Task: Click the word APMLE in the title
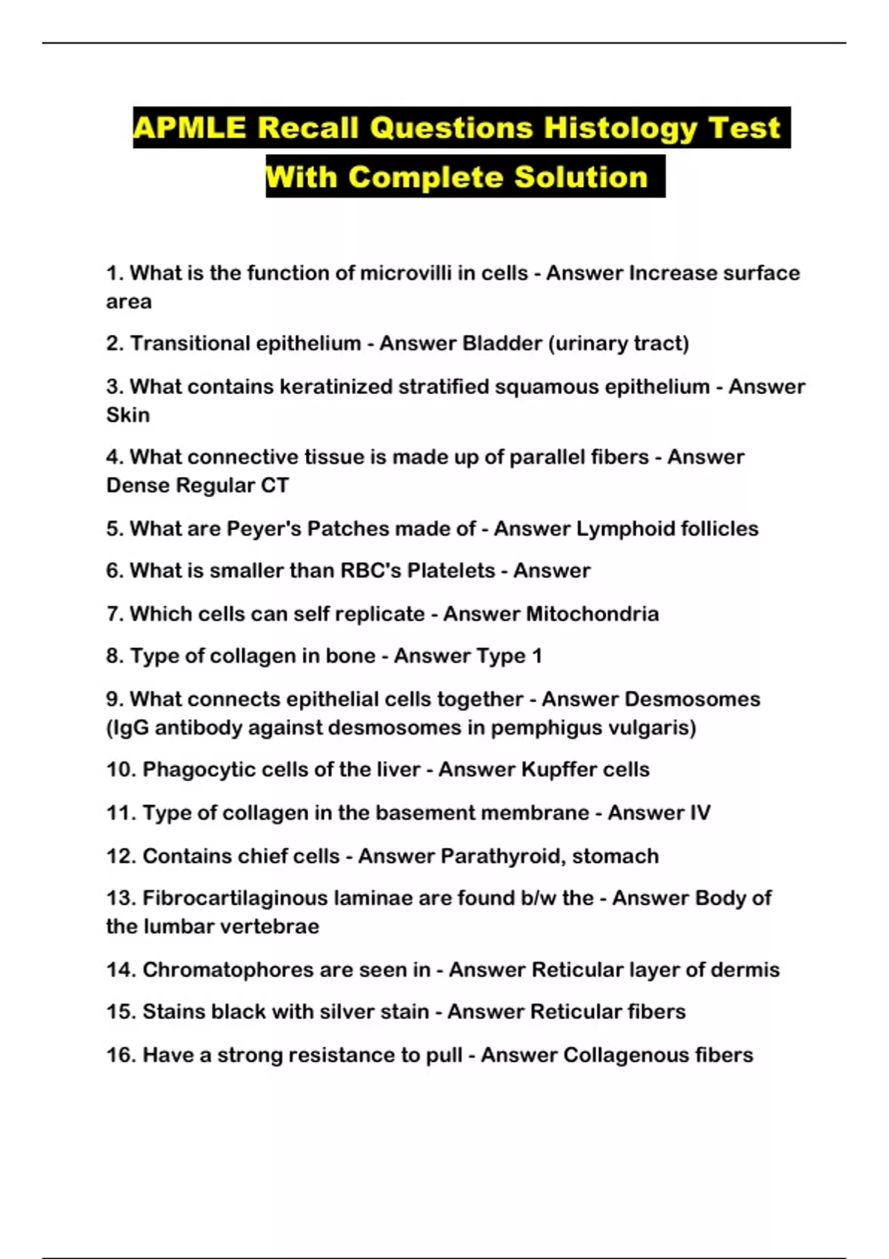pos(189,128)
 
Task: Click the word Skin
pos(127,415)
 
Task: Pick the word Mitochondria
pos(592,614)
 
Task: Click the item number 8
pos(113,656)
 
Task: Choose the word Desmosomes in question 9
pos(692,699)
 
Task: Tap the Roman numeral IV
pos(699,813)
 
